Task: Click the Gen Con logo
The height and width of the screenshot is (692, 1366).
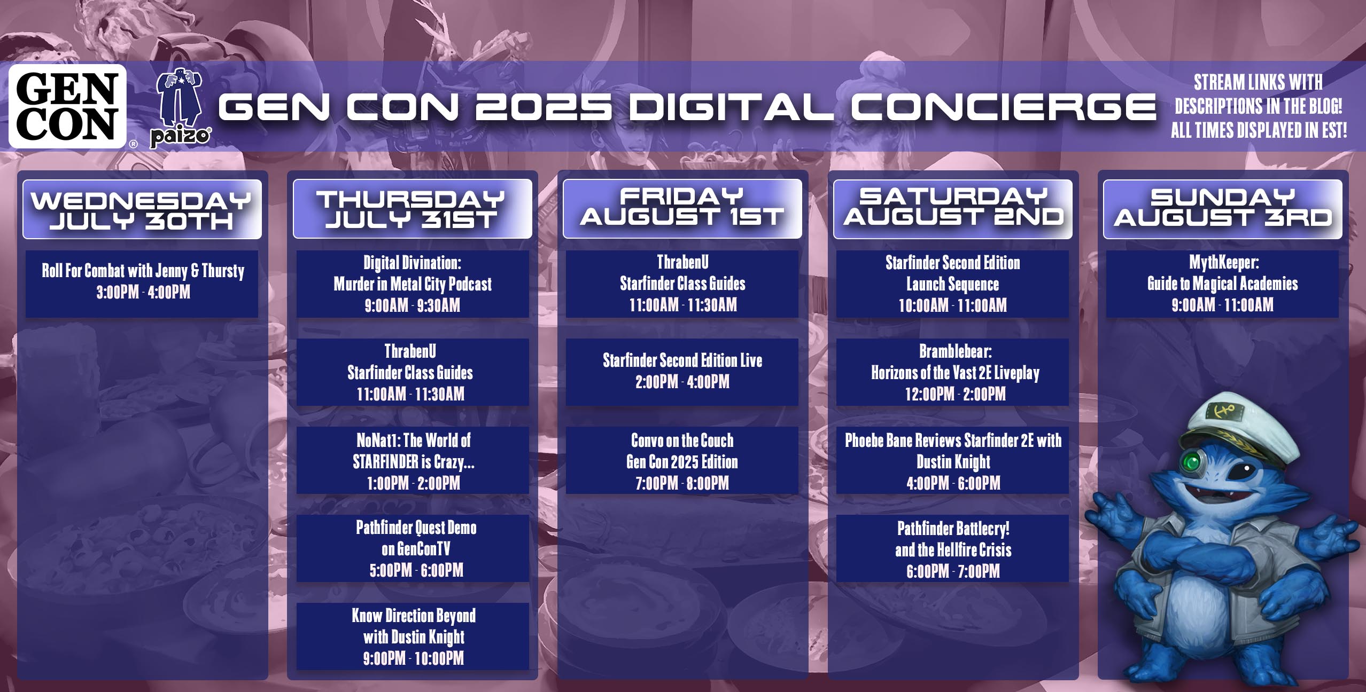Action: (68, 106)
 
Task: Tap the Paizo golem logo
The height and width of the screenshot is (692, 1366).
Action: (180, 109)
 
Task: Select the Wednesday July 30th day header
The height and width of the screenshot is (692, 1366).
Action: (142, 209)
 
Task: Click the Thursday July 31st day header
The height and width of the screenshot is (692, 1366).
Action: (413, 209)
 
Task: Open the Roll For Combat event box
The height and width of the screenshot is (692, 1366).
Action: (142, 284)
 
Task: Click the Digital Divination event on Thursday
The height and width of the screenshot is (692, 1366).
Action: (413, 284)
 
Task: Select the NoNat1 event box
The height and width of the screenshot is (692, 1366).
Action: (413, 460)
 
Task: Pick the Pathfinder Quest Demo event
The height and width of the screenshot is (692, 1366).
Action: (413, 548)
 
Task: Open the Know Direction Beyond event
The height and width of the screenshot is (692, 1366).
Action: (413, 636)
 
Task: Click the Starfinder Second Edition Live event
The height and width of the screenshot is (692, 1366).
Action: (682, 372)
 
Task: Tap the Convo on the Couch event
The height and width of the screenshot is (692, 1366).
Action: (682, 460)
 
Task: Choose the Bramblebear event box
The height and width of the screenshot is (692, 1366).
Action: (953, 372)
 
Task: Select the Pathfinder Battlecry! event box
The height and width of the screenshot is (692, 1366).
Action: (953, 548)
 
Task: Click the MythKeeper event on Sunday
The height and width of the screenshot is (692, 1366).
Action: (1223, 284)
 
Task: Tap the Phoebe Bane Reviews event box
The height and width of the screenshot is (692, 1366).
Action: (953, 460)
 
